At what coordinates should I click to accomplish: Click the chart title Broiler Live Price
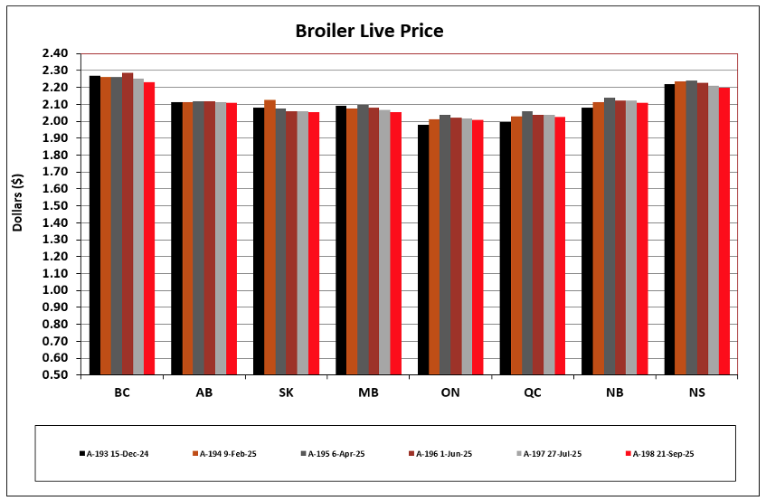point(369,32)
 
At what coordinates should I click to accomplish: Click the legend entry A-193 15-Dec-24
point(113,453)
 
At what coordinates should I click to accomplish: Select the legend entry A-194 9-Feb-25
point(222,453)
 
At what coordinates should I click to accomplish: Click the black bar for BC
point(95,226)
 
